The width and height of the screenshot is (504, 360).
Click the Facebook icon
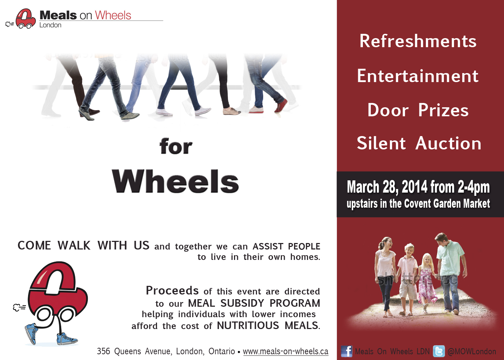pos(346,351)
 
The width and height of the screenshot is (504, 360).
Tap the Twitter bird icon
pos(439,351)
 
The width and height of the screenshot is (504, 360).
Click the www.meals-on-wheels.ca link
pos(285,351)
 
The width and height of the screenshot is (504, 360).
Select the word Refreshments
pos(418,41)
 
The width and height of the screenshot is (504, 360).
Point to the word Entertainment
pos(418,76)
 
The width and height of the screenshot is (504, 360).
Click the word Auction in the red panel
pos(449,143)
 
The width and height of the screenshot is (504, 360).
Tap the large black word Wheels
pos(175,181)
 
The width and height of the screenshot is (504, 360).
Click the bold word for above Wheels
pos(176,146)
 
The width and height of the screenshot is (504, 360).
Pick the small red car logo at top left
pos(26,19)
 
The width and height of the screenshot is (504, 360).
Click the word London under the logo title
pos(50,25)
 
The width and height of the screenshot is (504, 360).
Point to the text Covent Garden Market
pos(447,203)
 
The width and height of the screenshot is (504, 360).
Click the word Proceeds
pos(172,291)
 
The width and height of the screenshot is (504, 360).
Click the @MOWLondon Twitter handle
pos(472,351)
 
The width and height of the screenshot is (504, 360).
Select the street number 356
pos(104,351)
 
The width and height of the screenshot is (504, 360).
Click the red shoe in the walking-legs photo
pos(281,105)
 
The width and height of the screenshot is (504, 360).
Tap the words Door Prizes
pos(418,110)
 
